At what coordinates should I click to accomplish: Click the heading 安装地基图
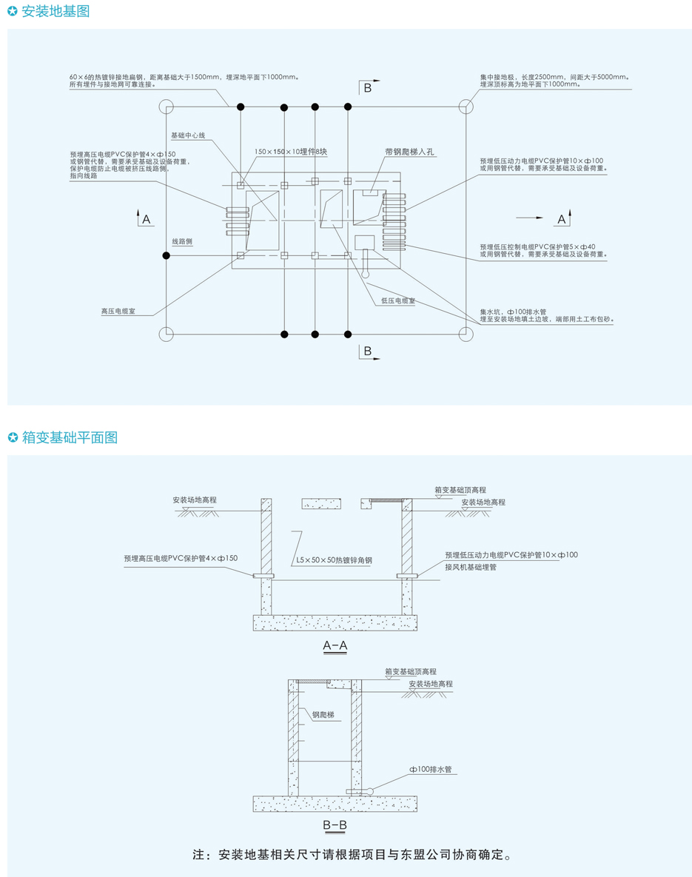pos(56,11)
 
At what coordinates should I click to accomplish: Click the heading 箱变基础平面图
pos(70,437)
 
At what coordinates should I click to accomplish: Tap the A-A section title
pos(335,645)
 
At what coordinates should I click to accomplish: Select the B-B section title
pos(335,825)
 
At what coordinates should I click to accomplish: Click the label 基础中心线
pos(188,135)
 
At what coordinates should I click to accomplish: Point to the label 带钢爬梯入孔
pos(409,152)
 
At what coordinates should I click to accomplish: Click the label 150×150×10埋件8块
pos(290,152)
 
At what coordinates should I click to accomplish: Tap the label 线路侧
pos(182,241)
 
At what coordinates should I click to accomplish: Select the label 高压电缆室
pos(118,311)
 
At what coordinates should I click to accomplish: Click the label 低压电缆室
pos(397,301)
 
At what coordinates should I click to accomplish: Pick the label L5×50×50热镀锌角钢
pos(334,560)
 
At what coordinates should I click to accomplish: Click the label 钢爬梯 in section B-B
pos(323,715)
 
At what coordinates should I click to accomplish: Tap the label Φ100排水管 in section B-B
pos(430,770)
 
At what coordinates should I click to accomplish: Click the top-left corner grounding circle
pos(166,107)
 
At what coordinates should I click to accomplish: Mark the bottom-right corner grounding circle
pos(466,334)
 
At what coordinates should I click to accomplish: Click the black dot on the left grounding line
pos(166,255)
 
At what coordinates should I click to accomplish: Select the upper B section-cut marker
pos(368,87)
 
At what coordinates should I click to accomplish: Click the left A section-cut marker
pos(144,218)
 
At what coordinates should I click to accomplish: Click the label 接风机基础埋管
pos(471,567)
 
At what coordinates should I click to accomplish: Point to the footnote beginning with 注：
pos(352,855)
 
